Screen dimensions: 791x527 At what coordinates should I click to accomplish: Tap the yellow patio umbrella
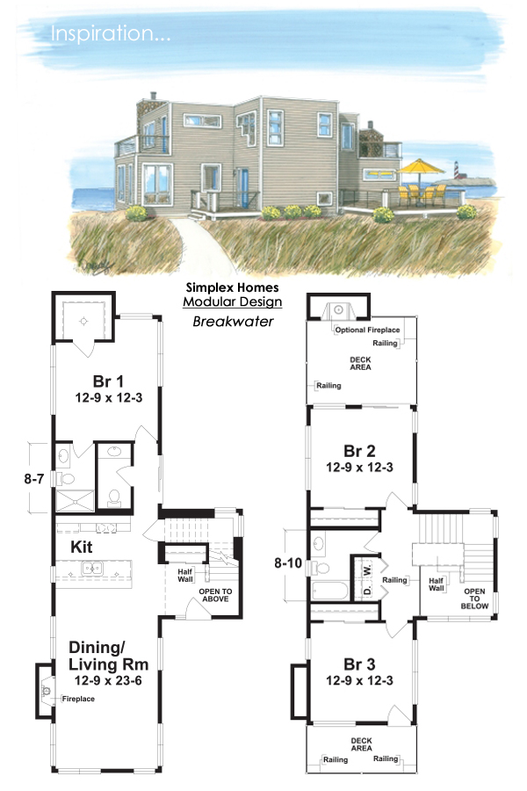(x=419, y=164)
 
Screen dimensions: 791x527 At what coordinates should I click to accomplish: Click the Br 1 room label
(x=106, y=381)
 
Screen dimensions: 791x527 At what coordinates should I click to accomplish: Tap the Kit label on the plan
(x=83, y=546)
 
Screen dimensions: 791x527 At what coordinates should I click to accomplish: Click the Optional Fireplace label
(x=367, y=330)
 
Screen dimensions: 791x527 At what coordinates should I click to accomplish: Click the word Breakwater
(x=233, y=322)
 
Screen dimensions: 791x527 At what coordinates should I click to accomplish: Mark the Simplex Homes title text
(x=233, y=287)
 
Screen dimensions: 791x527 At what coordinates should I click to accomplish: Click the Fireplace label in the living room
(x=77, y=699)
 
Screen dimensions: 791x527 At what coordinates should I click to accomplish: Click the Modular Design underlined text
(x=233, y=302)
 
